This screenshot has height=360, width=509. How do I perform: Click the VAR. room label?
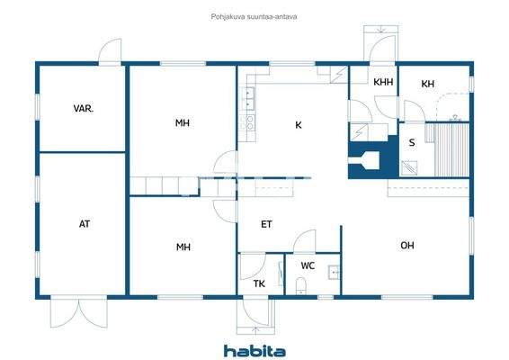tap(85, 108)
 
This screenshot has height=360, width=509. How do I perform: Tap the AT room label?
tap(85, 224)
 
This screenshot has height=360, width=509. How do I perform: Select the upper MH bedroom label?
tap(183, 123)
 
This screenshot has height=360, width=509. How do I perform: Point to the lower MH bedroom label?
tap(183, 246)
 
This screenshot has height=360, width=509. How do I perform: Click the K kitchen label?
tap(298, 125)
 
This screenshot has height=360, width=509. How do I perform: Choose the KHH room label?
tap(383, 83)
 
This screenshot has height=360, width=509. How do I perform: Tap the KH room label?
tap(428, 84)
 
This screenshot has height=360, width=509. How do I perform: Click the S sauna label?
tap(412, 142)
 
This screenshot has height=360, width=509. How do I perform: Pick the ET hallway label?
tap(267, 224)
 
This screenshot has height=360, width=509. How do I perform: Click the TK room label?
tap(259, 283)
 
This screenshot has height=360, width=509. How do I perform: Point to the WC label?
tap(308, 265)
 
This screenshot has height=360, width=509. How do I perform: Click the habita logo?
tap(254, 350)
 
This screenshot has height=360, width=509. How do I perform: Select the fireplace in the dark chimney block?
tap(368, 161)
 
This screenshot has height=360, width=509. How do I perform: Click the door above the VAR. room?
tap(110, 51)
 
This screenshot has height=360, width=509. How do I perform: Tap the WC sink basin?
tap(335, 273)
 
